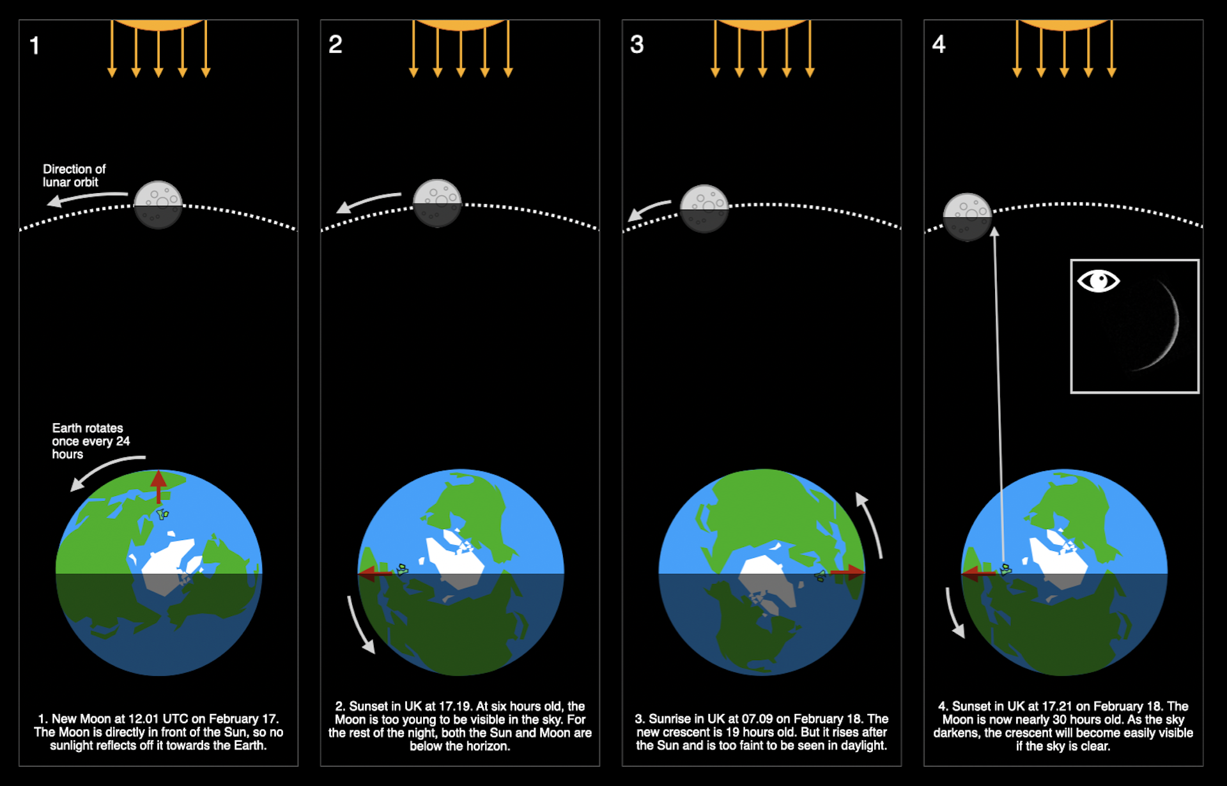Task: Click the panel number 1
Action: pos(35,45)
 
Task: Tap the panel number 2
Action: pos(336,45)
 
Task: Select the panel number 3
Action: pos(637,45)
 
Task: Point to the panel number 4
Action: pos(938,45)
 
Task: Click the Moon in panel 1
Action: pos(158,204)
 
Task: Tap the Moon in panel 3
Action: pos(704,208)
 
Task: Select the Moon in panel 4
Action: pos(968,217)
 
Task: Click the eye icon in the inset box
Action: pos(1098,281)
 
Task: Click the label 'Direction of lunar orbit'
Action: pos(73,176)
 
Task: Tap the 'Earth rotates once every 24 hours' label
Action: pos(90,441)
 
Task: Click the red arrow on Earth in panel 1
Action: pos(158,487)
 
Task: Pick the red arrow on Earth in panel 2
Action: pos(376,573)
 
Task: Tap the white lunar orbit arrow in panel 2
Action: pos(369,201)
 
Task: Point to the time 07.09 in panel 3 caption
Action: pos(757,719)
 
